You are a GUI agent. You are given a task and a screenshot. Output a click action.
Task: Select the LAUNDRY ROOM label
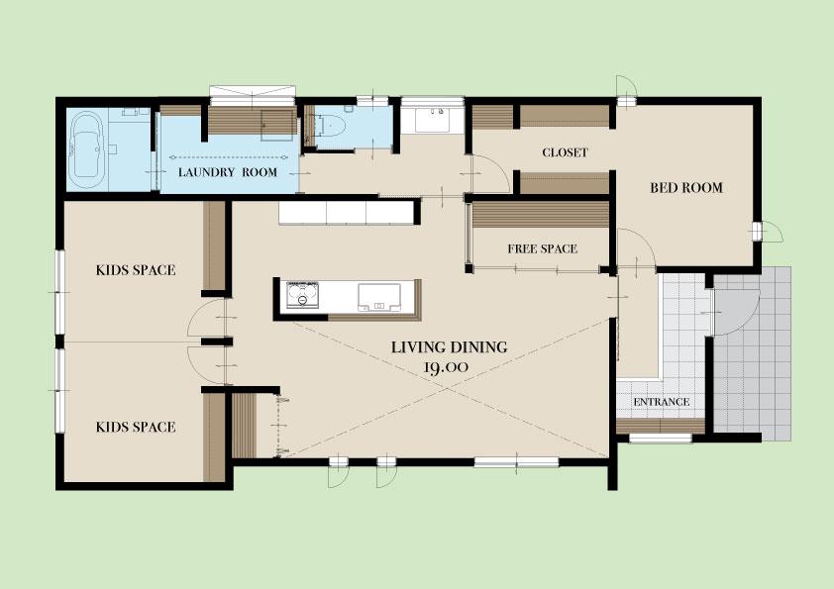click(x=228, y=172)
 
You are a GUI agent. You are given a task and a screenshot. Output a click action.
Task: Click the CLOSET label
click(x=565, y=152)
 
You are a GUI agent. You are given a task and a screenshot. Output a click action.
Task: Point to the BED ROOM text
click(x=686, y=188)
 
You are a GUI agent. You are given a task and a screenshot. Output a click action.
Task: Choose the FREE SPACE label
click(x=542, y=248)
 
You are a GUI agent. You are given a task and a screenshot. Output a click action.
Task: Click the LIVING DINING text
click(x=450, y=347)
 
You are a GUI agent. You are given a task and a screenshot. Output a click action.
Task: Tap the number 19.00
click(x=446, y=367)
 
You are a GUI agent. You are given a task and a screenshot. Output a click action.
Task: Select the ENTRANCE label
click(x=661, y=402)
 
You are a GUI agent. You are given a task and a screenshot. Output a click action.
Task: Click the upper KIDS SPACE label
click(x=136, y=270)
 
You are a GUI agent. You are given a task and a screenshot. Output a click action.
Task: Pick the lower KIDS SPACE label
click(x=136, y=427)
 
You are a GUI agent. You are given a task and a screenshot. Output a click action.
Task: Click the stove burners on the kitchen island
click(x=303, y=295)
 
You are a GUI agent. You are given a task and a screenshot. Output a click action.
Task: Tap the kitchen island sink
click(x=379, y=297)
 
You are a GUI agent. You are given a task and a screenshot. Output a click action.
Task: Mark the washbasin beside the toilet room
click(x=431, y=119)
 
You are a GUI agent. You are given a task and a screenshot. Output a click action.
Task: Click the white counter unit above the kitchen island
click(x=347, y=213)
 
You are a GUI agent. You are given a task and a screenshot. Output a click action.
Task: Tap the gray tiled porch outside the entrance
click(x=752, y=353)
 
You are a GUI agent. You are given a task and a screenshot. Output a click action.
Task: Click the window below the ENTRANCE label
click(x=661, y=439)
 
